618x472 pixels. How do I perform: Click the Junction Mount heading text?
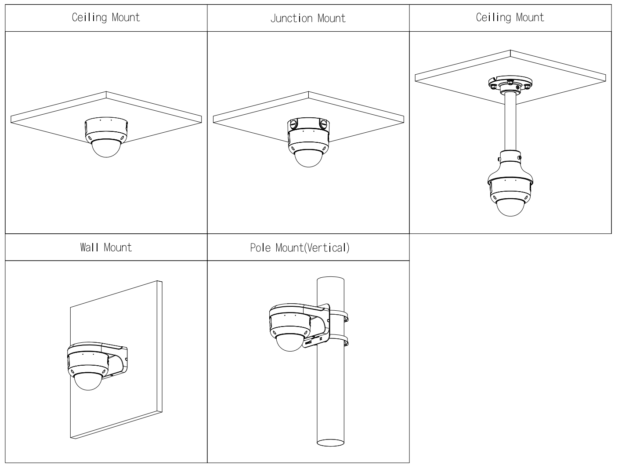point(308,18)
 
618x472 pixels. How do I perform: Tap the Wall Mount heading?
point(106,247)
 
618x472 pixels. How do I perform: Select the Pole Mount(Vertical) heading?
point(300,247)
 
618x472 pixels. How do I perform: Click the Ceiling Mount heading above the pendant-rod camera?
point(510,18)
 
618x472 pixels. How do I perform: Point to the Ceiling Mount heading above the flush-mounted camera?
point(106,18)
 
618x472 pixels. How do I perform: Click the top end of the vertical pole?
point(330,280)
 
